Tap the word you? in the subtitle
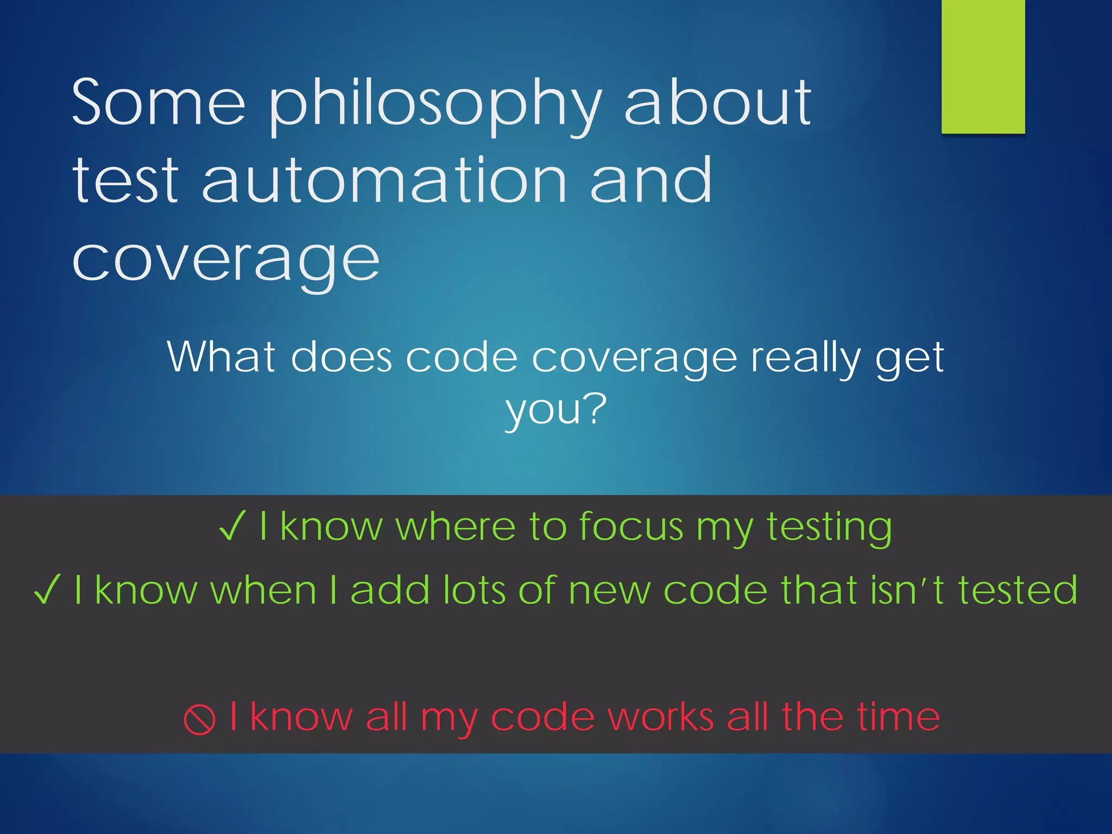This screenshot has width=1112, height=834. (555, 410)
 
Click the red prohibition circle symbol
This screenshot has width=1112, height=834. (199, 719)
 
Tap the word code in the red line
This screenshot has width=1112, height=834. (542, 717)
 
